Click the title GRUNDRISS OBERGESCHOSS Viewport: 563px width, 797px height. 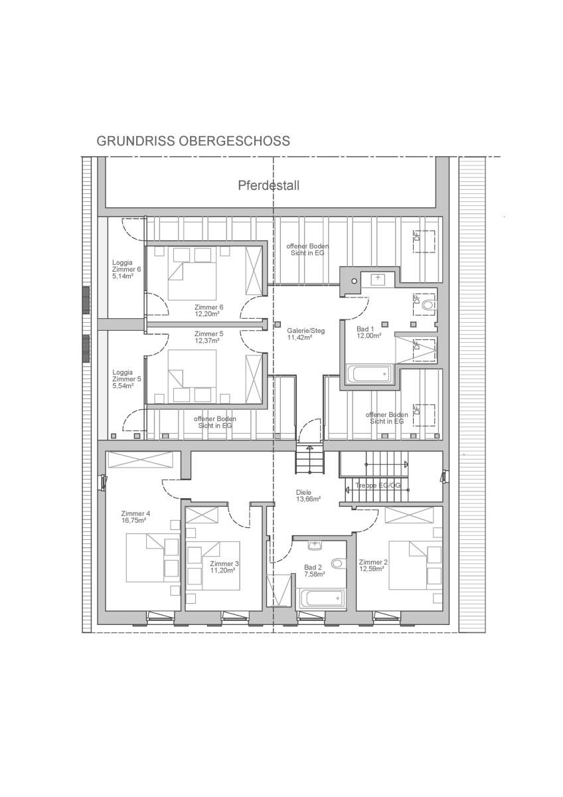(x=193, y=141)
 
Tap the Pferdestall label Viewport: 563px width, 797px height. (x=268, y=185)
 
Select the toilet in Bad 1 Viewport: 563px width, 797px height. (x=429, y=305)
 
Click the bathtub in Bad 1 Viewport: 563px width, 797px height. (x=368, y=374)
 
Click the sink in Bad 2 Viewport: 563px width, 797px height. (x=315, y=545)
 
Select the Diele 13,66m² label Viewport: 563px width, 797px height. (x=308, y=495)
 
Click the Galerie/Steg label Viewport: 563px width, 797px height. (x=306, y=331)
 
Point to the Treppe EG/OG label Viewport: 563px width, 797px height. (x=378, y=485)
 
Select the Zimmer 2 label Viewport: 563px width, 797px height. (x=373, y=562)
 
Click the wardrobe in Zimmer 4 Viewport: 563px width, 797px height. (x=140, y=460)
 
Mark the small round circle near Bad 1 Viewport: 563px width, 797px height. (x=355, y=281)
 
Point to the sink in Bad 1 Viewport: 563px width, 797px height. (x=378, y=280)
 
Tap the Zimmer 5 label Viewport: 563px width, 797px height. (x=208, y=333)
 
